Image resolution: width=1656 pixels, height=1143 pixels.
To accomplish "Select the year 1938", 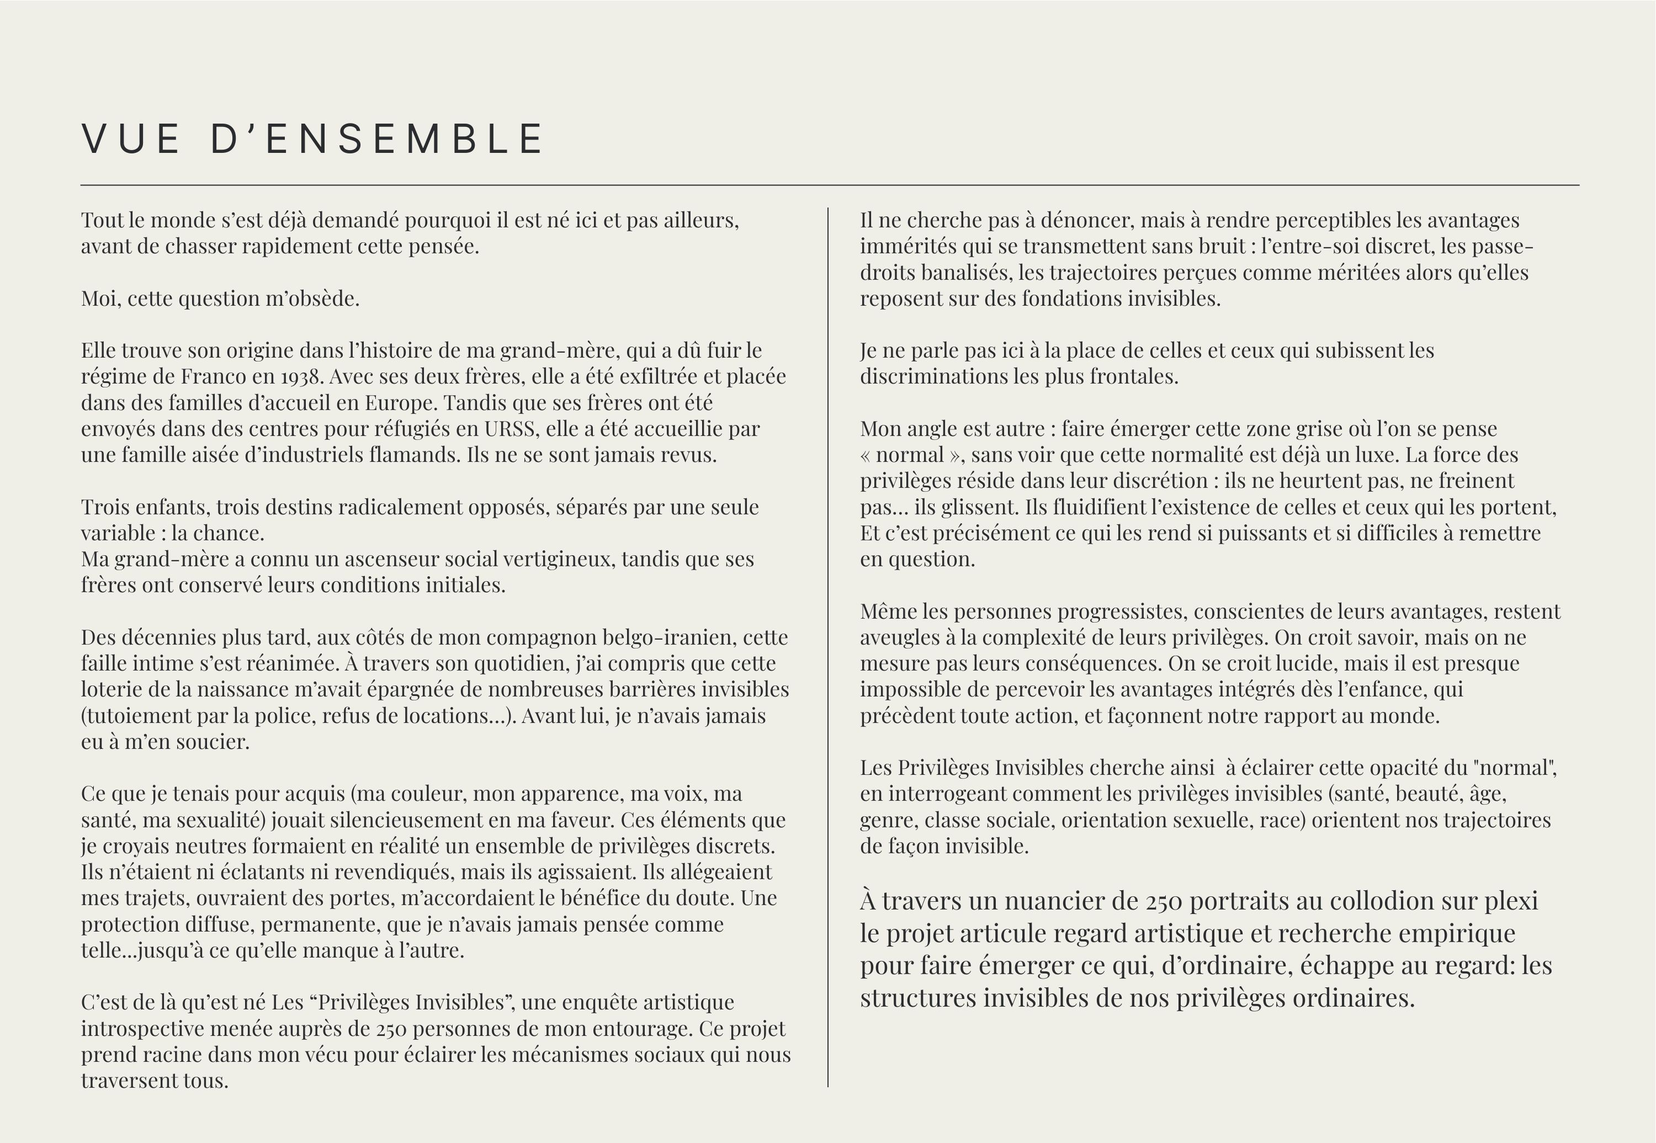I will pyautogui.click(x=301, y=377).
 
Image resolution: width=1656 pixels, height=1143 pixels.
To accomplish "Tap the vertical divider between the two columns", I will pyautogui.click(x=828, y=645).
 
